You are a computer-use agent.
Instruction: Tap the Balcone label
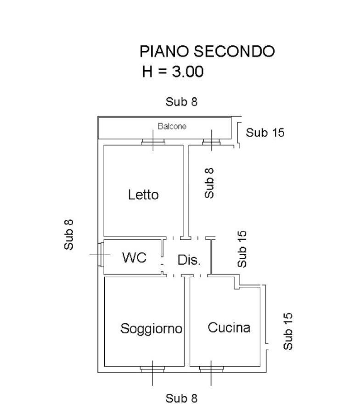point(172,126)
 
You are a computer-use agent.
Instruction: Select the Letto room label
point(143,195)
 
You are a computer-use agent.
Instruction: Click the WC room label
point(134,258)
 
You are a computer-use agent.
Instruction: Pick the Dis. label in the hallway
point(189,261)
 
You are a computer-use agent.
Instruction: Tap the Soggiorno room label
point(152,328)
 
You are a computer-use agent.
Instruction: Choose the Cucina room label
point(229,327)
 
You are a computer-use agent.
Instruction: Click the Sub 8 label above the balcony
point(181,102)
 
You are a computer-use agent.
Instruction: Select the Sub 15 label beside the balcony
point(265,133)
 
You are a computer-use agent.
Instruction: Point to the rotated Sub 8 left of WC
point(69,234)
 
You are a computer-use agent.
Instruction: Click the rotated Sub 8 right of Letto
point(209,182)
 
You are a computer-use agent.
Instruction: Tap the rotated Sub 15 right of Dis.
point(242,249)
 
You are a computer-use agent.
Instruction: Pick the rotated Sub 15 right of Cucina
point(287,331)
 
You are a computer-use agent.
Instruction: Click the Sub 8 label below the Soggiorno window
point(181,398)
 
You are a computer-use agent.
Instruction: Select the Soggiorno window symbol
point(152,368)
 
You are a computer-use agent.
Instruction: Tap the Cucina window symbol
point(212,368)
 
